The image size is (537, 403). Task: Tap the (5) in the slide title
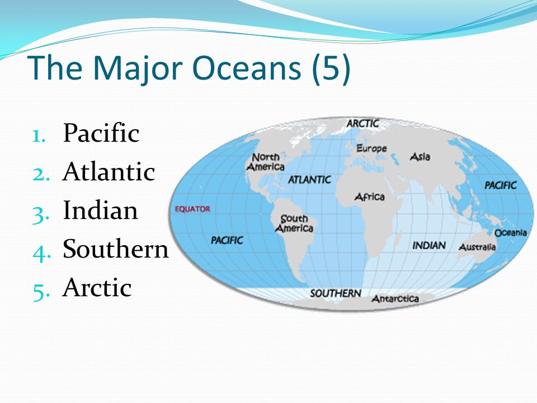click(x=331, y=68)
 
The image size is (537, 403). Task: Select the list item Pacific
click(x=101, y=133)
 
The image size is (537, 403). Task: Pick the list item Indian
click(x=100, y=210)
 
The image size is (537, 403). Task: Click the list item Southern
click(x=116, y=249)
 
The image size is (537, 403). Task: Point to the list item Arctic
click(x=97, y=287)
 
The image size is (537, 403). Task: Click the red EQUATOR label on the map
click(x=192, y=209)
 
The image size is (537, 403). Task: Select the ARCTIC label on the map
click(x=362, y=123)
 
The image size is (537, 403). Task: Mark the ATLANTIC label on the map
click(x=309, y=180)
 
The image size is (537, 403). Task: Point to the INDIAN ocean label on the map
click(x=429, y=245)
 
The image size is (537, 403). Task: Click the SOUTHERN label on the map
click(x=335, y=293)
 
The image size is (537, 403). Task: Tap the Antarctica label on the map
click(x=395, y=299)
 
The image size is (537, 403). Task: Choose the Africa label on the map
click(x=370, y=196)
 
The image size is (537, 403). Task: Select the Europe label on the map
click(x=371, y=148)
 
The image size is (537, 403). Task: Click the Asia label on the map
click(x=420, y=157)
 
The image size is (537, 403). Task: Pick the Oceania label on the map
click(x=511, y=233)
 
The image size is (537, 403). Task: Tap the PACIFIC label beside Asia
click(x=500, y=185)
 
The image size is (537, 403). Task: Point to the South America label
click(x=294, y=223)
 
